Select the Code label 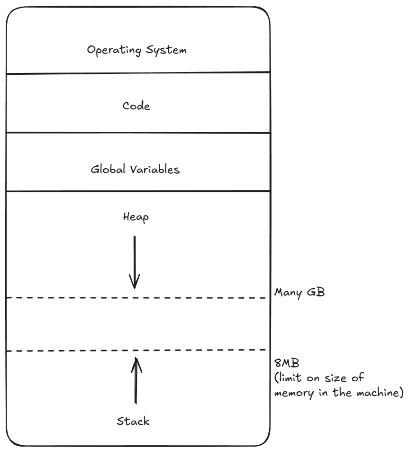coord(136,106)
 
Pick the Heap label coord(136,218)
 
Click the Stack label coord(133,421)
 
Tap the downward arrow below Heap coord(135,260)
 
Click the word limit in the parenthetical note coord(291,377)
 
